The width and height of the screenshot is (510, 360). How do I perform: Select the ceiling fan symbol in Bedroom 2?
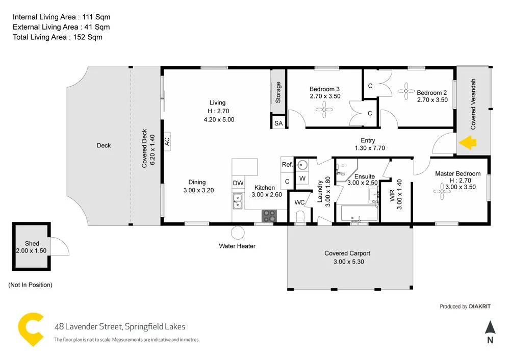[x=406, y=93]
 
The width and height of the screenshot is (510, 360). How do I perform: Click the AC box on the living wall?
[x=167, y=141]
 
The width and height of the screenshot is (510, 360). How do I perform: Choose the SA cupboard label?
[x=278, y=123]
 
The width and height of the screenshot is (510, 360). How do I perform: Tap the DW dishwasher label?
[x=238, y=183]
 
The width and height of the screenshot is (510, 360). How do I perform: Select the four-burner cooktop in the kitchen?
[x=269, y=216]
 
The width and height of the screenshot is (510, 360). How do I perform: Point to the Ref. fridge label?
[x=287, y=164]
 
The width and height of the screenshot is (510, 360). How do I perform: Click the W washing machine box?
[x=302, y=178]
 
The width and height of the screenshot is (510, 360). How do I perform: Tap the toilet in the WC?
[x=300, y=216]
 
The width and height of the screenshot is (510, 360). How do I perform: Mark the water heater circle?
[x=238, y=233]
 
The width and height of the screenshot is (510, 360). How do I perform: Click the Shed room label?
[x=32, y=244]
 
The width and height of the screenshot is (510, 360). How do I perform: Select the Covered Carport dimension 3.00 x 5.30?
[x=347, y=262]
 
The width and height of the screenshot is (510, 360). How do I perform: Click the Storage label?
[x=278, y=93]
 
